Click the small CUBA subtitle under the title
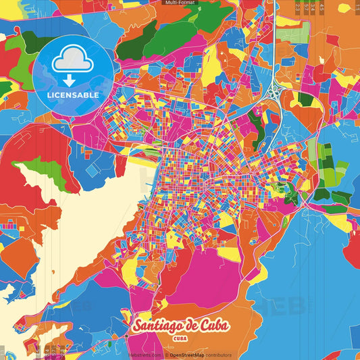pos(180,338)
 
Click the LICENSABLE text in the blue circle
pos(73,95)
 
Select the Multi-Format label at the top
pos(180,3)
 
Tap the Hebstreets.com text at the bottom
pos(145,355)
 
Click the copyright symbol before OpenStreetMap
pos(166,355)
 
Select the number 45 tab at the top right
pos(322,8)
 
